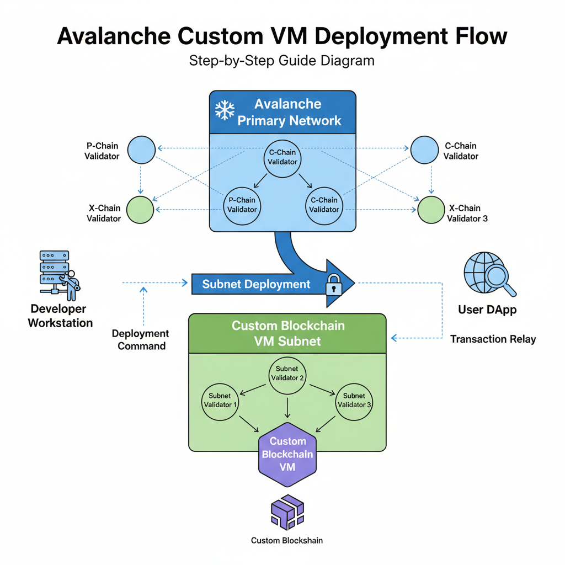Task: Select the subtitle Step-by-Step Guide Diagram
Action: click(x=282, y=60)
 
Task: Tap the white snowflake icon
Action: click(x=225, y=110)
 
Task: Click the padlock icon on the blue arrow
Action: click(x=334, y=285)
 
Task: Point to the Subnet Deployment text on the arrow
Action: click(x=256, y=284)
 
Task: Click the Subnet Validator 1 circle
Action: click(x=221, y=400)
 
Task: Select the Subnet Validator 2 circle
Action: click(x=287, y=373)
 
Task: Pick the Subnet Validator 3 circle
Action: click(x=354, y=400)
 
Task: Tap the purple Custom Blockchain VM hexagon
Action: click(x=287, y=454)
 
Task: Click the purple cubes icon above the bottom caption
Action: click(x=287, y=513)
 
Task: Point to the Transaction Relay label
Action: click(x=493, y=339)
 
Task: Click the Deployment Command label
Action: click(x=140, y=340)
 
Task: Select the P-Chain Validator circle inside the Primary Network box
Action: click(x=242, y=205)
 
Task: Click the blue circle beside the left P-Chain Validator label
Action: click(x=141, y=149)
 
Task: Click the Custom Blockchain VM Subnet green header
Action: click(x=287, y=333)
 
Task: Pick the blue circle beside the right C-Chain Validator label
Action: click(x=424, y=149)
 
